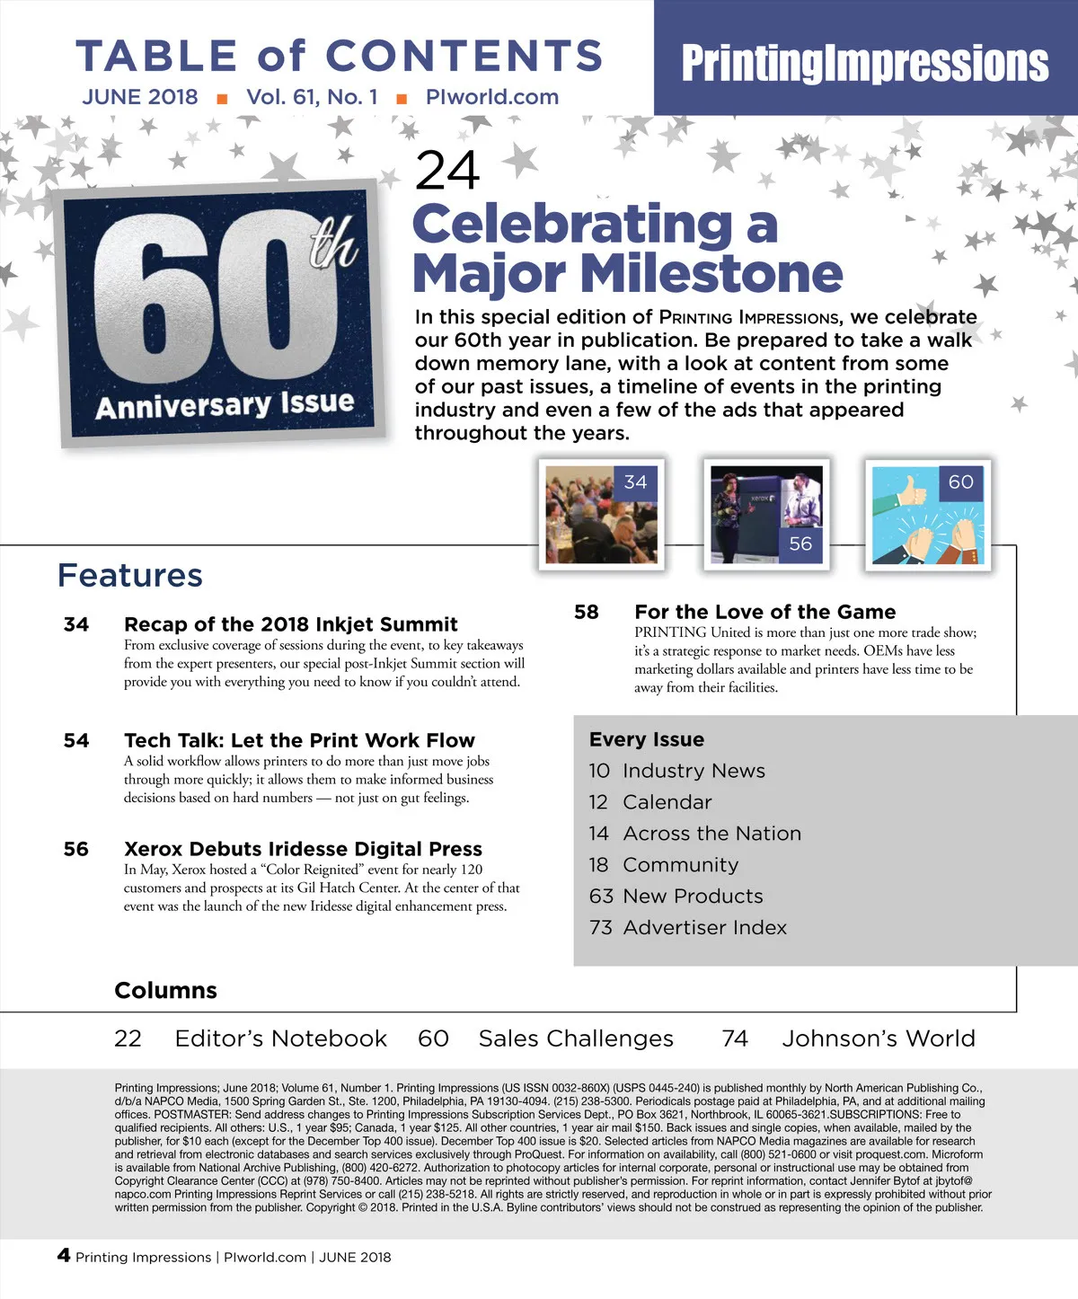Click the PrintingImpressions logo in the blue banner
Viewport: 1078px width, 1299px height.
click(864, 63)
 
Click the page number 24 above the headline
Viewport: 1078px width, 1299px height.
click(446, 170)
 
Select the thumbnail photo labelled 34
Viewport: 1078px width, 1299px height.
click(601, 515)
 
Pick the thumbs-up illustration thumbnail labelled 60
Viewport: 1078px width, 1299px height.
click(928, 515)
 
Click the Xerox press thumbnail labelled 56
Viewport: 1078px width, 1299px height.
click(765, 515)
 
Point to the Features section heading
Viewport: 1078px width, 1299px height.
click(130, 575)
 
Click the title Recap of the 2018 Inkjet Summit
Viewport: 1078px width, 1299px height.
click(291, 624)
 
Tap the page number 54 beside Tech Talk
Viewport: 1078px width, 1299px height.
click(76, 740)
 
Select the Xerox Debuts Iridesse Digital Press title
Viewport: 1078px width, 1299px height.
click(303, 849)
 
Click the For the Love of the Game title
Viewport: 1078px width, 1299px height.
click(764, 612)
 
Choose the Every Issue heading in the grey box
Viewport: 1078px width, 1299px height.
click(647, 739)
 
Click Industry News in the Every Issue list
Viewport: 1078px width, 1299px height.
click(694, 771)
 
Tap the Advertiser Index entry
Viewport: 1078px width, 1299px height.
click(704, 927)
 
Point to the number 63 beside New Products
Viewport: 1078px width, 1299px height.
click(601, 896)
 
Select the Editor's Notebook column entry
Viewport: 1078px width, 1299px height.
click(280, 1038)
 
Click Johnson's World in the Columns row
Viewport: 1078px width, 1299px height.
click(878, 1038)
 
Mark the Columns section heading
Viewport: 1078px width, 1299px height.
click(166, 990)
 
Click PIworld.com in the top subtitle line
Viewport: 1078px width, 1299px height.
click(492, 97)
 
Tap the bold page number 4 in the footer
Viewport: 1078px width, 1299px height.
click(64, 1255)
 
